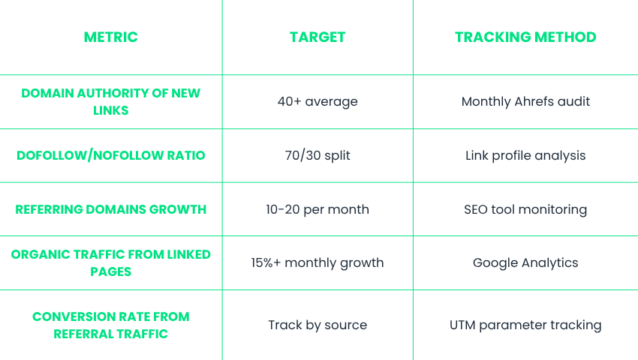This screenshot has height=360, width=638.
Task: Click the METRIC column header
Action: [x=110, y=37]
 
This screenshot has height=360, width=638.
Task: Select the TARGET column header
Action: [x=317, y=37]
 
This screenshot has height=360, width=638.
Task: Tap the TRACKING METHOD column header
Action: [x=525, y=37]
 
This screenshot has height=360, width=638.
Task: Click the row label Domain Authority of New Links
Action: [x=110, y=102]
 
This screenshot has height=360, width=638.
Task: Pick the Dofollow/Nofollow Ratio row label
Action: [x=110, y=155]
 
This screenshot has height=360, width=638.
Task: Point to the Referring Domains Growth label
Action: [x=110, y=209]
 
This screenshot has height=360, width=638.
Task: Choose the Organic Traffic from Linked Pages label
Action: [x=110, y=262]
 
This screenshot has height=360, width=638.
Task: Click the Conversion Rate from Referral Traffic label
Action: [x=110, y=325]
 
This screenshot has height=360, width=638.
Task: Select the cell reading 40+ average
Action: [x=317, y=101]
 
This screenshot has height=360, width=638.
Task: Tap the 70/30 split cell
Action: [x=317, y=155]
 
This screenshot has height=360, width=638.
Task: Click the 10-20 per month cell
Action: [x=317, y=209]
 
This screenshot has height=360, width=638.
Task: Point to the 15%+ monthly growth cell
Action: [x=317, y=262]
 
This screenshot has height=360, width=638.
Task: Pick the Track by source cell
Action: [x=317, y=325]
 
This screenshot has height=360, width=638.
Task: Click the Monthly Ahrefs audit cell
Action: [x=525, y=101]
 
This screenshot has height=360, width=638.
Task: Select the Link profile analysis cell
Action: [x=525, y=155]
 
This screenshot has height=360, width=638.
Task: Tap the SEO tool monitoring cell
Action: [x=525, y=209]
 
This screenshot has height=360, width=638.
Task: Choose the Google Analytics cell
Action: [x=525, y=262]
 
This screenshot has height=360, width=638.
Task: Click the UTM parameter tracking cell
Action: [x=525, y=325]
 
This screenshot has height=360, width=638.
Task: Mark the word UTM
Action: [x=462, y=325]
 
